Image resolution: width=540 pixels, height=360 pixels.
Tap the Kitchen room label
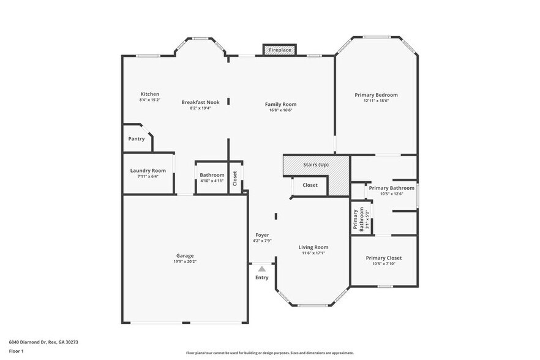click(149, 94)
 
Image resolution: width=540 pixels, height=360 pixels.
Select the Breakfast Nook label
click(200, 102)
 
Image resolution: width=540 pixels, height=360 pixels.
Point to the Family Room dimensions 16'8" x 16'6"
click(280, 110)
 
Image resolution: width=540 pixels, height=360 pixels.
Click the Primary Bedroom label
click(376, 95)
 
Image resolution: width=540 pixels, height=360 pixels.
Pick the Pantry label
click(137, 139)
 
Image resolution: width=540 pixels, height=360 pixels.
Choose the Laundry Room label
click(148, 171)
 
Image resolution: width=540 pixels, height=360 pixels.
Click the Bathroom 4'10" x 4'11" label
click(212, 175)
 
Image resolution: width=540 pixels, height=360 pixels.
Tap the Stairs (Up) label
click(316, 165)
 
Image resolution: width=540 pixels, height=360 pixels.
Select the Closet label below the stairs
click(310, 185)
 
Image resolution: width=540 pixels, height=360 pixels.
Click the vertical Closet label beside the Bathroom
click(234, 178)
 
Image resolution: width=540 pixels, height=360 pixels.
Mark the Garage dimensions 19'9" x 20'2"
click(185, 261)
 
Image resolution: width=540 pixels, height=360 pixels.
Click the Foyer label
click(261, 235)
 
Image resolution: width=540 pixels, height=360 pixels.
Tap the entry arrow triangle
click(261, 269)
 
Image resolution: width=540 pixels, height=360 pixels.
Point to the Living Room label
click(313, 247)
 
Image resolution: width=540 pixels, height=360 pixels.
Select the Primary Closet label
click(383, 258)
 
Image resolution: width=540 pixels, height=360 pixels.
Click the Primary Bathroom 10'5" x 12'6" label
click(391, 188)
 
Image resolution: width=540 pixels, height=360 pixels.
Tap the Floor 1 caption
click(16, 351)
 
